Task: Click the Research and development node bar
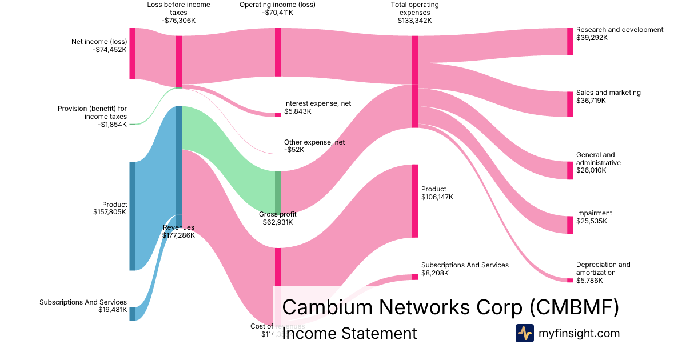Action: (x=570, y=41)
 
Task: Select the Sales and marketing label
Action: (x=608, y=93)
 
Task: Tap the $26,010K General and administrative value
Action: (x=591, y=170)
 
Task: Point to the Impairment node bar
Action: (x=570, y=225)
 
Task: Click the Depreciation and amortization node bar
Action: (x=570, y=280)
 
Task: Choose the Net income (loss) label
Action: (x=99, y=41)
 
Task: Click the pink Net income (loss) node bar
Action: (x=132, y=53)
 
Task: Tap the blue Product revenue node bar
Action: (x=132, y=216)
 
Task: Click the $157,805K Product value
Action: (x=110, y=212)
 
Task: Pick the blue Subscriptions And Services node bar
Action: (x=132, y=314)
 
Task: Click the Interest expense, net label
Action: (x=317, y=103)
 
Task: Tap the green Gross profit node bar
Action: (x=278, y=192)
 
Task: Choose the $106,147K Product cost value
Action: (x=437, y=197)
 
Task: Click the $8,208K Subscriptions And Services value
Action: (x=435, y=273)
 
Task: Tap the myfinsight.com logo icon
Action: (x=524, y=333)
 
